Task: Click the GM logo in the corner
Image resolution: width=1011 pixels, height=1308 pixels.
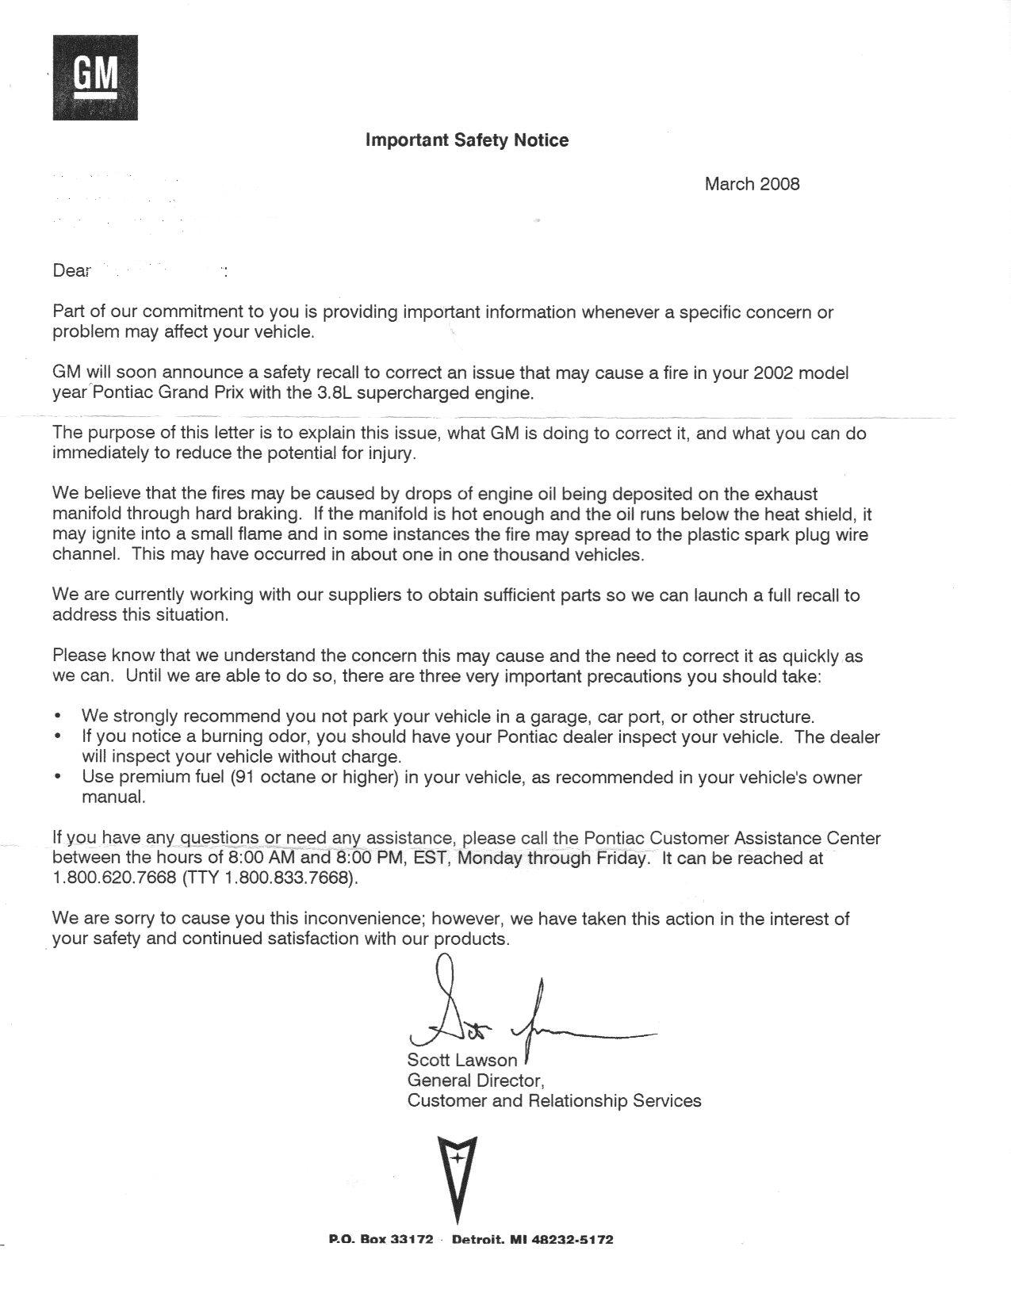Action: tap(95, 78)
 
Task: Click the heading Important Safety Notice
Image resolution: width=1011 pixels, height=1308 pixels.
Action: tap(466, 140)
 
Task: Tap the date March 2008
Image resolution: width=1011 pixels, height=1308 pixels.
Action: tap(752, 184)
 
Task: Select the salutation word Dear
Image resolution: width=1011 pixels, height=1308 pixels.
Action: tap(71, 271)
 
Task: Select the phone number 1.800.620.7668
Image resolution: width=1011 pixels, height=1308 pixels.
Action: tap(113, 878)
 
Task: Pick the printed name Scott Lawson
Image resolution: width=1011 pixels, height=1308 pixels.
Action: tap(461, 1060)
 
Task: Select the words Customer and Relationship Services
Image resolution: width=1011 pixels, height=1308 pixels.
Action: tap(553, 1101)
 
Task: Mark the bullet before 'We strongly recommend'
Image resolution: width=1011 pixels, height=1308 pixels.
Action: tap(59, 717)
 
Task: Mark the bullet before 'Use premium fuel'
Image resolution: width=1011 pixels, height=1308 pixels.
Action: tap(59, 778)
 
